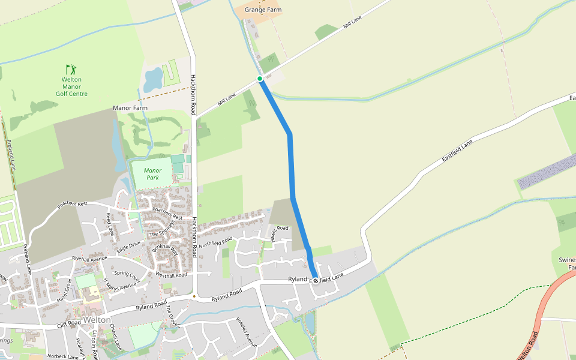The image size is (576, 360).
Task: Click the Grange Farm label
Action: tap(263, 10)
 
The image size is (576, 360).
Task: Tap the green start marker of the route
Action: tap(260, 79)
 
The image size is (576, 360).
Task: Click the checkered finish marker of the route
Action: tap(315, 280)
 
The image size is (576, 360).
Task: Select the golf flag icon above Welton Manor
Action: tap(71, 69)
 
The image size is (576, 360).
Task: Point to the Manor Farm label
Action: tap(130, 108)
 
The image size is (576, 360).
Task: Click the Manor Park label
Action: tap(152, 174)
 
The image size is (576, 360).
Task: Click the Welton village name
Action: tap(97, 320)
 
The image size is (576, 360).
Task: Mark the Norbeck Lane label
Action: tap(64, 356)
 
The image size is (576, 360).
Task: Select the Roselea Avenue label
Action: tap(247, 332)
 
